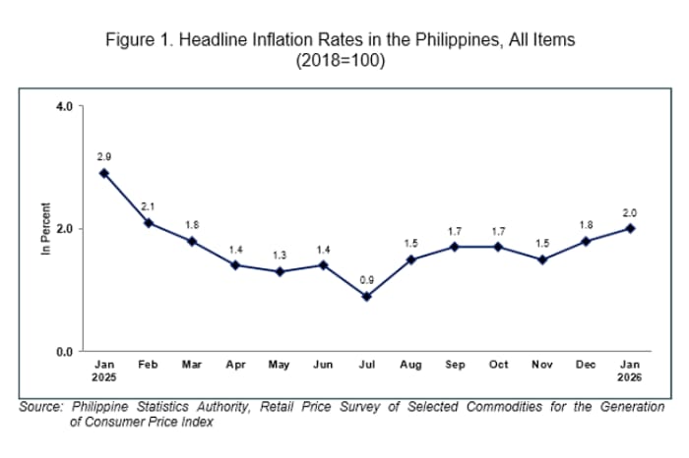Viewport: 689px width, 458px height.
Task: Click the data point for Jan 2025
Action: (104, 173)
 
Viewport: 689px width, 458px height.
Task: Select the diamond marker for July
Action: (367, 296)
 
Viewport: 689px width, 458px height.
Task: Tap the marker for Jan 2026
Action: (630, 228)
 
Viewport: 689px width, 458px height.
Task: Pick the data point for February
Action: (149, 222)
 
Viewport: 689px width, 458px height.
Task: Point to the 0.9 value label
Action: (366, 280)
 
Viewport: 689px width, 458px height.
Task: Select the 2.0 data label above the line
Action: (630, 212)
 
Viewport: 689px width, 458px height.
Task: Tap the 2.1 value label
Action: (149, 206)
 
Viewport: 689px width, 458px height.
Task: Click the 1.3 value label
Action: (280, 256)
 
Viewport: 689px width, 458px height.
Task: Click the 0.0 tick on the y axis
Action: (65, 351)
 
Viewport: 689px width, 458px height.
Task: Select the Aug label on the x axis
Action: (411, 365)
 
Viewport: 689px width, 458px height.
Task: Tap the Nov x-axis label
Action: (542, 365)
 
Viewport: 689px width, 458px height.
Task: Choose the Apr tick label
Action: (236, 365)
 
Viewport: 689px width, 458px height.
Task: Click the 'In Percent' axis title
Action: (45, 229)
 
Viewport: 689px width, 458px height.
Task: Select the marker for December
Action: (587, 241)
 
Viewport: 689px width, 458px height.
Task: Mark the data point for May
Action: (280, 271)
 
